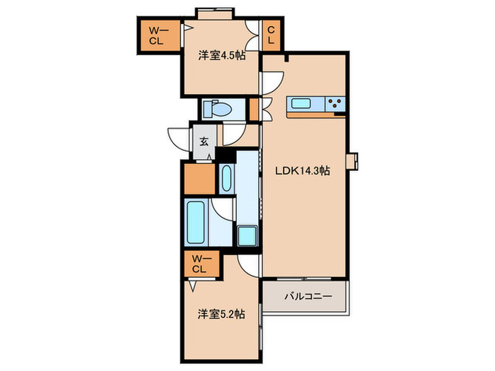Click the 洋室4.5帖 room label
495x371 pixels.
pos(221,56)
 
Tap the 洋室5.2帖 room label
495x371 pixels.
pos(221,314)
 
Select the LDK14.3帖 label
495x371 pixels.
pos(303,171)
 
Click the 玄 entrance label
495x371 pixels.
pos(204,141)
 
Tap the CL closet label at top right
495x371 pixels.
pos(271,35)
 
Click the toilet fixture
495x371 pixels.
pos(217,110)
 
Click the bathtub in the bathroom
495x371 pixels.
pos(195,223)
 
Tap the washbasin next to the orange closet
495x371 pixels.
pos(226,178)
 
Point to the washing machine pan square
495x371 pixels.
pos(248,235)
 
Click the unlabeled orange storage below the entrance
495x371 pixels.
pos(199,179)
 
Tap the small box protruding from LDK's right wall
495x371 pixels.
pos(352,162)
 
